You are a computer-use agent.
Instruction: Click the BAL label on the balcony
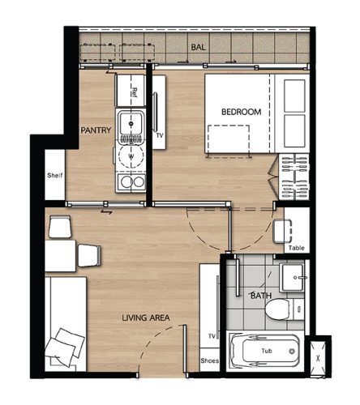[x=198, y=47]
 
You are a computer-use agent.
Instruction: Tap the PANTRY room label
[x=96, y=130]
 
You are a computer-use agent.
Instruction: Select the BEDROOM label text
[x=241, y=112]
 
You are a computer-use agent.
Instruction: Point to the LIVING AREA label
[x=146, y=318]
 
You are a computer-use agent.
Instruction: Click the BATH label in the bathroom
[x=261, y=296]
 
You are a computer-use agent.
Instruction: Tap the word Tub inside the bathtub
[x=267, y=351]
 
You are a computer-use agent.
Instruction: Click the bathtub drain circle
[x=292, y=352]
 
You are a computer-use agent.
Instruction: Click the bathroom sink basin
[x=293, y=277]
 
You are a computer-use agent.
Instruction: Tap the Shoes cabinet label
[x=209, y=360]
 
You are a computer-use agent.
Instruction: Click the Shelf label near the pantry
[x=55, y=175]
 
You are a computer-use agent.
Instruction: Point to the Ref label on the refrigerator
[x=134, y=92]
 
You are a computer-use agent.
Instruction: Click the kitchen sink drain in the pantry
[x=131, y=124]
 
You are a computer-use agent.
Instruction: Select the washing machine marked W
[x=131, y=156]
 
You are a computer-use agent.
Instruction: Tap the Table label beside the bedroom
[x=296, y=248]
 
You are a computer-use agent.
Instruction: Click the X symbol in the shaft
[x=318, y=359]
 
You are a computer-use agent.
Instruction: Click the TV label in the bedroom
[x=160, y=135]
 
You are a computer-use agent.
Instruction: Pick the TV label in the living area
[x=212, y=336]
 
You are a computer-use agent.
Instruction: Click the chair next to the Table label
[x=282, y=232]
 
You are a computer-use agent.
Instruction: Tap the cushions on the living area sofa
[x=65, y=347]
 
